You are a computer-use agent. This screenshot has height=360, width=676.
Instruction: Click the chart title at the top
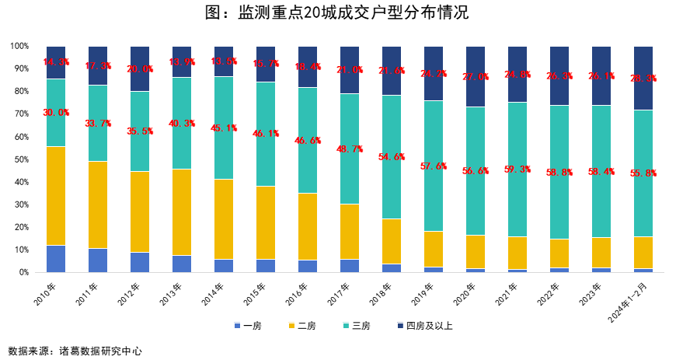337,13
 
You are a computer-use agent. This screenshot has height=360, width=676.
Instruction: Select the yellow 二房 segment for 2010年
56,196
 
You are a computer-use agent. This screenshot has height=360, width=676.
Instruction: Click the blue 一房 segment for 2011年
98,260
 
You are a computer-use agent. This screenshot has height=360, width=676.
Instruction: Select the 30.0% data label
56,113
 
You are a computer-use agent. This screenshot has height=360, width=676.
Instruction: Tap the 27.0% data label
476,77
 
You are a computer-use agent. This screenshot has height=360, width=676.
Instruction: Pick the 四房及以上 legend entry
424,326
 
